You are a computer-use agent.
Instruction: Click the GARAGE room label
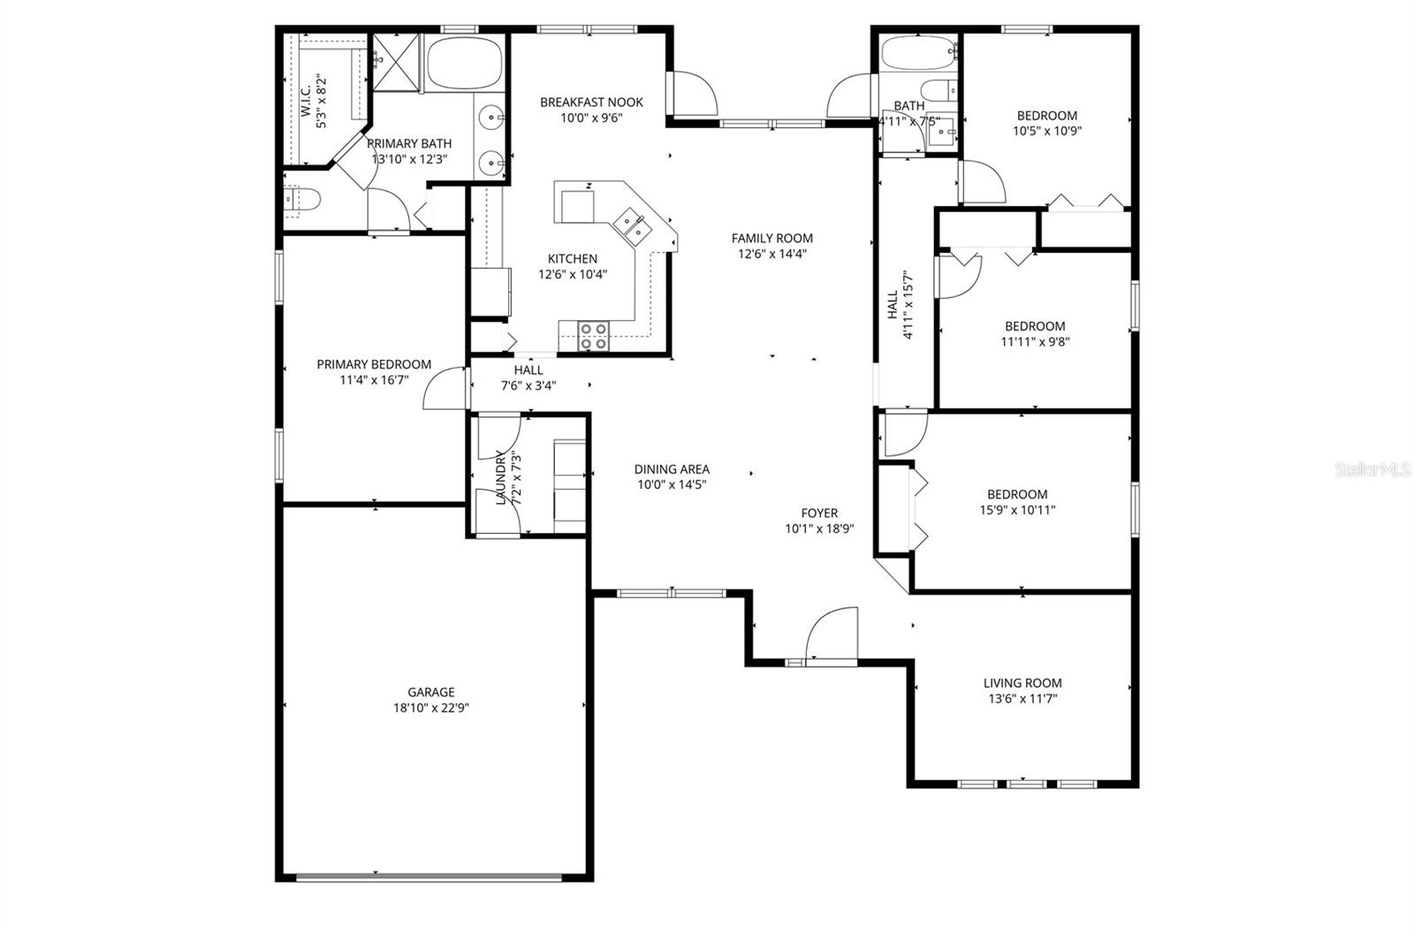click(x=431, y=692)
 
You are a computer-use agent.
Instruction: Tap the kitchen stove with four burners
click(x=593, y=336)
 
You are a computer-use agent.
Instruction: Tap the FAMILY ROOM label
click(x=772, y=238)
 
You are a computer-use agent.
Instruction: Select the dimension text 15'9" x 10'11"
click(x=1017, y=509)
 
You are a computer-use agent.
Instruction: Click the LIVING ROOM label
click(x=1022, y=683)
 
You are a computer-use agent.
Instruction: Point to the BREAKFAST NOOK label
click(x=591, y=103)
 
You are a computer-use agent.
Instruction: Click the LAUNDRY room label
click(x=501, y=477)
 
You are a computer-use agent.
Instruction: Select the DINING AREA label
click(x=672, y=469)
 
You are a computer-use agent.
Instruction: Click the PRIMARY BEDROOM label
click(x=374, y=364)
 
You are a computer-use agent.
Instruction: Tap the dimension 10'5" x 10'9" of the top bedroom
click(x=1046, y=131)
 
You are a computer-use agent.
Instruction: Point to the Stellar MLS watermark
click(x=1372, y=470)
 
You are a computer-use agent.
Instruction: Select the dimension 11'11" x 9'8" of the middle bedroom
click(x=1035, y=341)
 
